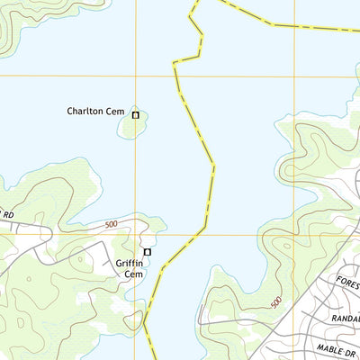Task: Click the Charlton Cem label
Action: [x=94, y=112]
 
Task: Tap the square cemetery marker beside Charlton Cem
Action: [x=136, y=114]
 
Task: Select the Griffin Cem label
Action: [x=130, y=267]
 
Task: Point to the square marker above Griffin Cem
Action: [x=148, y=252]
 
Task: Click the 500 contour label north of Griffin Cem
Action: [x=111, y=224]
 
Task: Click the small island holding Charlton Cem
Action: [x=132, y=125]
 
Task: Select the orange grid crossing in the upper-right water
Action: [x=295, y=76]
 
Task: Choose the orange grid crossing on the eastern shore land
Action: [x=294, y=235]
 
